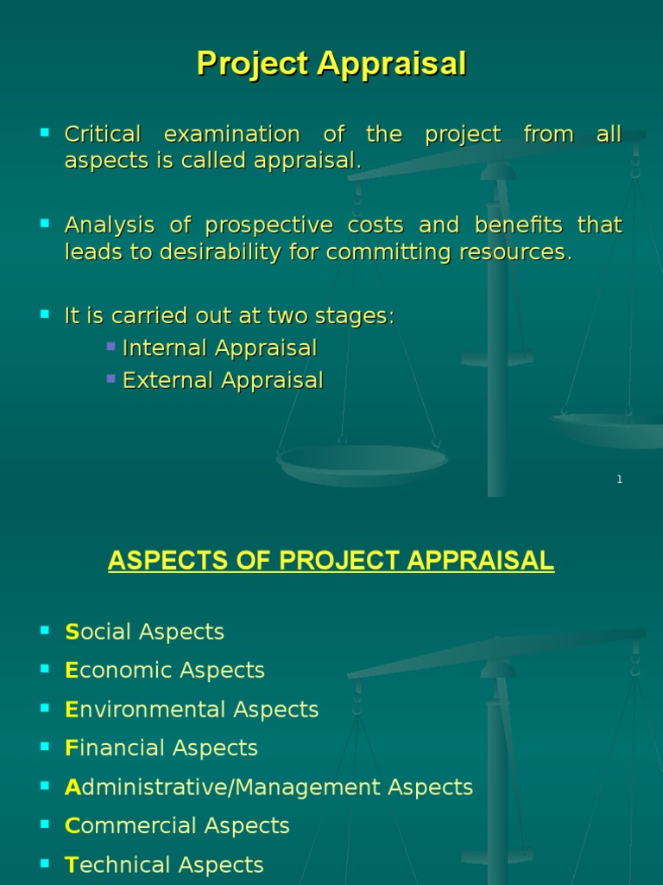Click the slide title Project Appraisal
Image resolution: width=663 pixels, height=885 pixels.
click(331, 64)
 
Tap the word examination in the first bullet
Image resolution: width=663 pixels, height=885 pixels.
click(231, 135)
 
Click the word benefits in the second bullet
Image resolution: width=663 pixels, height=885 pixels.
click(508, 226)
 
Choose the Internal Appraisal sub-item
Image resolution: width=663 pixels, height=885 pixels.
click(219, 348)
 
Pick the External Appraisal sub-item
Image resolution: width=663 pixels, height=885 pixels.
click(223, 380)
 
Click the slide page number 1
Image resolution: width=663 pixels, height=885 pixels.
click(619, 480)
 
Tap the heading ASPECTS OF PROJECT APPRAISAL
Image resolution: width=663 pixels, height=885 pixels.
click(331, 561)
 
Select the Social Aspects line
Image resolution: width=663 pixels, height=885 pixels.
click(144, 632)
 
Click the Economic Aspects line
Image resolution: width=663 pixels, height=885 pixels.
click(165, 671)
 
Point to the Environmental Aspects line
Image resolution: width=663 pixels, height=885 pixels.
click(192, 710)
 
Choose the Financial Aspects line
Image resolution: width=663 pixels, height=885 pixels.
click(161, 748)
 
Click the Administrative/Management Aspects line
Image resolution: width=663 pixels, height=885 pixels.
click(269, 787)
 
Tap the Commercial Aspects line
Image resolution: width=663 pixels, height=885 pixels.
click(177, 826)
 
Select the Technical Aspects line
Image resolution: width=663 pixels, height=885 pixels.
click(164, 865)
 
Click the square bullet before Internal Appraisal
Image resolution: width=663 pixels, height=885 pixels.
click(110, 347)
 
